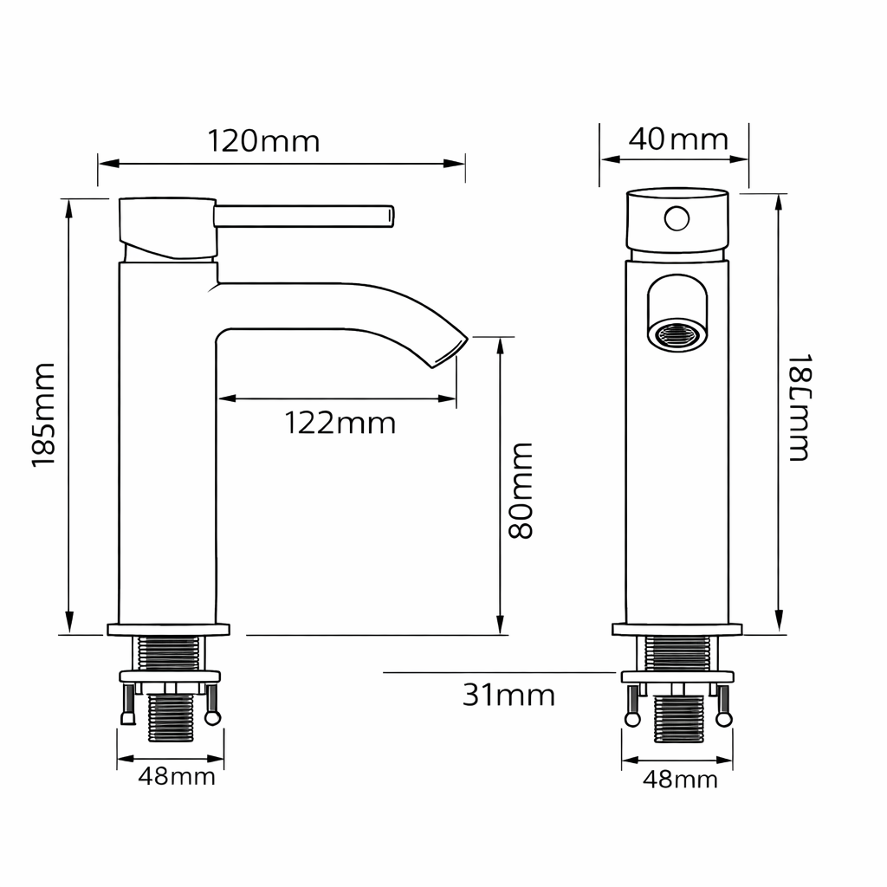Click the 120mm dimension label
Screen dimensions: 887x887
(263, 140)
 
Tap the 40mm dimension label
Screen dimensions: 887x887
(677, 139)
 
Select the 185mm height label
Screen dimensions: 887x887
(43, 416)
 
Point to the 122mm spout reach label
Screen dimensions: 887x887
(340, 424)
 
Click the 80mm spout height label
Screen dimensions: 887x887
(520, 490)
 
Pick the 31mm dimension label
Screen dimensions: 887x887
(508, 695)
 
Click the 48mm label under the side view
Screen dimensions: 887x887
(177, 777)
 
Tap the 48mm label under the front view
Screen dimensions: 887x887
(680, 780)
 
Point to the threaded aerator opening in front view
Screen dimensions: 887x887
(677, 334)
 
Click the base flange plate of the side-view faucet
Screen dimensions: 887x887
(169, 630)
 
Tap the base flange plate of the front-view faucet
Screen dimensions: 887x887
(677, 630)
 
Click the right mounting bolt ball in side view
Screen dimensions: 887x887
(212, 717)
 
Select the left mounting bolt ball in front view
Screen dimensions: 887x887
(633, 719)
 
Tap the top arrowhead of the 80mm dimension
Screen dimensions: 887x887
(500, 346)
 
